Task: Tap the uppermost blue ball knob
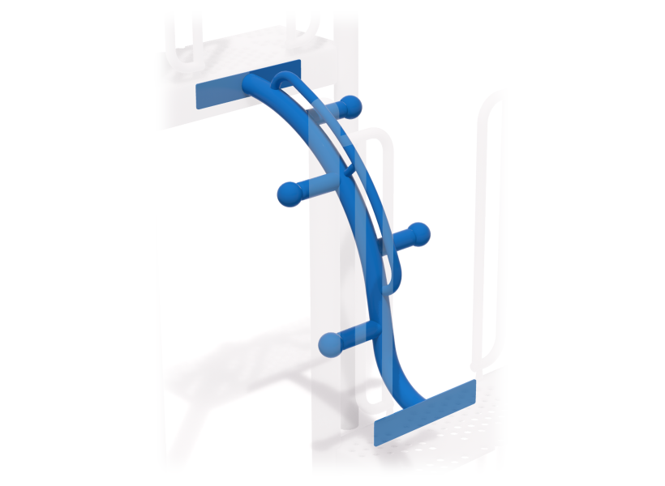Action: pos(350,106)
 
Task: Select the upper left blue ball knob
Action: pos(289,193)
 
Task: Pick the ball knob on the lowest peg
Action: pos(329,344)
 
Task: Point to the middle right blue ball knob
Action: pos(418,234)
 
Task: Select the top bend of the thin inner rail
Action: pos(283,78)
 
